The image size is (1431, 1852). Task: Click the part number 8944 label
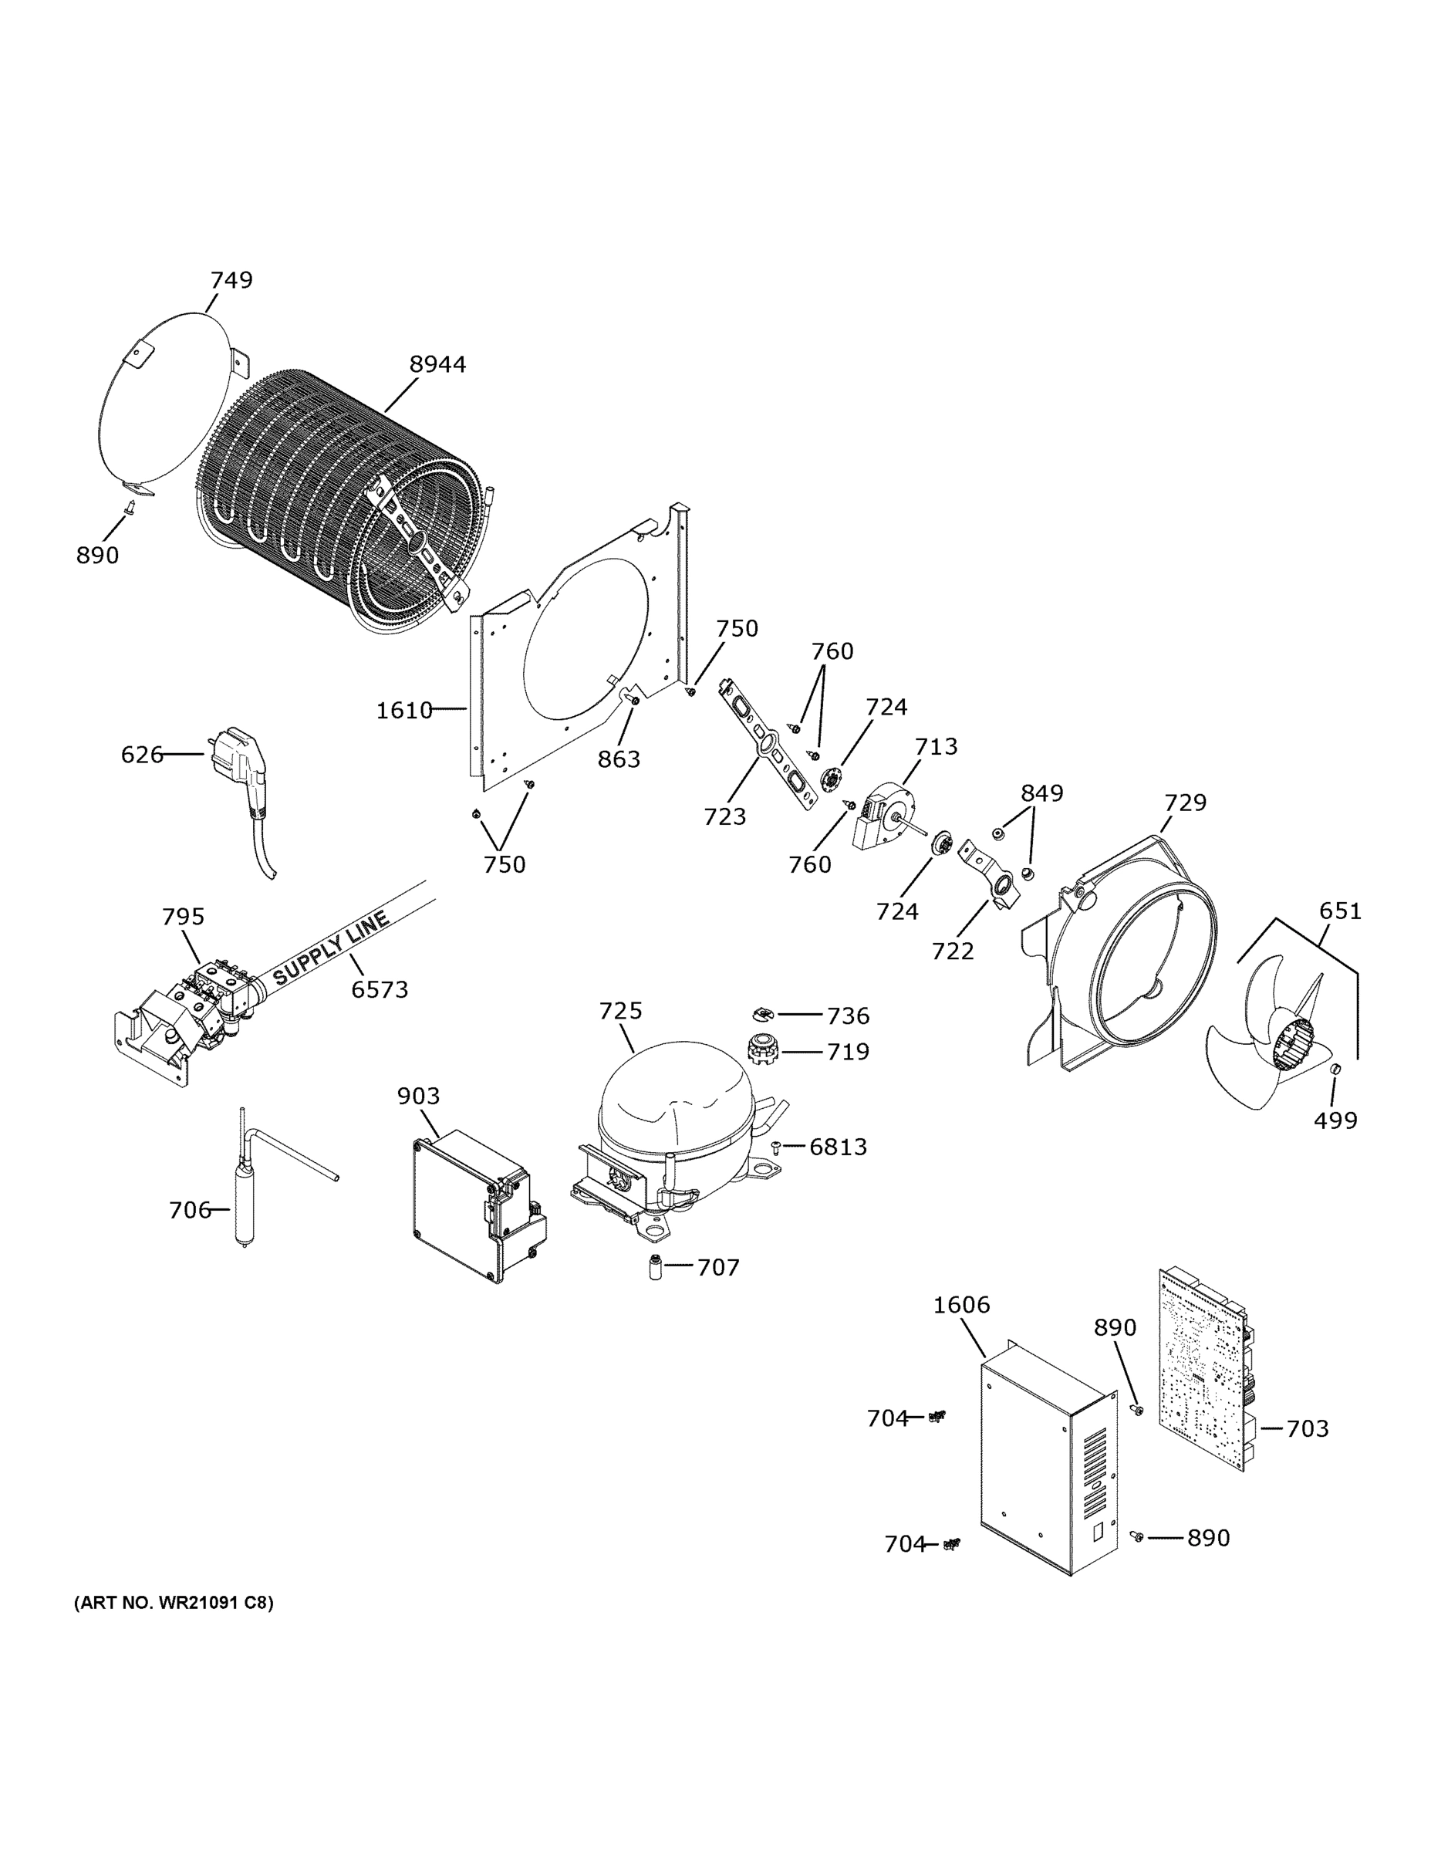coord(437,365)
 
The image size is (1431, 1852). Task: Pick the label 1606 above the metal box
coord(961,1304)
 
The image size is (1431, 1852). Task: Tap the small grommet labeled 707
coord(654,1267)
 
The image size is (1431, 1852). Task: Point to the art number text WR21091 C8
coord(174,1603)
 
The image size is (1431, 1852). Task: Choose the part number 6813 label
coord(838,1147)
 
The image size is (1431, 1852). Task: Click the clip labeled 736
coord(764,1014)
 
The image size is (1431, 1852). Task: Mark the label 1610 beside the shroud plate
coord(404,710)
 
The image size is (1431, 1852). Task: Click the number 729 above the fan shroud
coord(1184,803)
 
